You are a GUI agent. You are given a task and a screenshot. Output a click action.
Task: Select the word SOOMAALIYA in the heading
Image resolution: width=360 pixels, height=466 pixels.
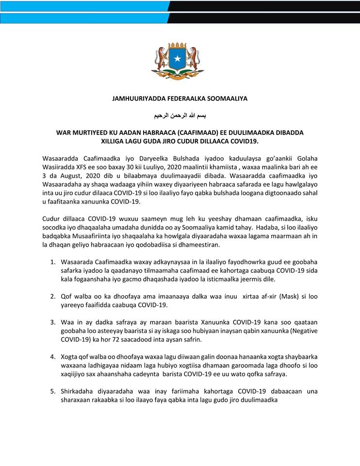point(228,99)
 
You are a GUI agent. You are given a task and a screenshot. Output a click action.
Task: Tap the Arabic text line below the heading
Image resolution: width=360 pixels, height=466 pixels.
point(180,116)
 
